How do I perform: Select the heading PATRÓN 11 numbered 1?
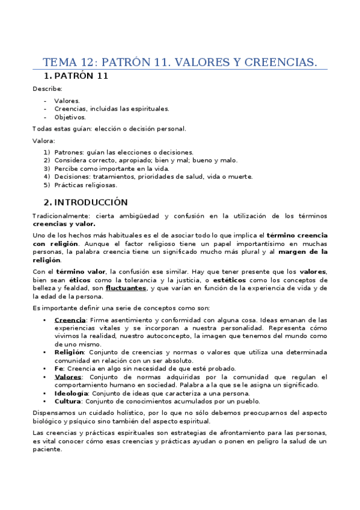click(x=81, y=76)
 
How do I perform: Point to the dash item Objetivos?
click(x=70, y=117)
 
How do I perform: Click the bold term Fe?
click(x=58, y=368)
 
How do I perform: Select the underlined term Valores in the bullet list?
click(x=68, y=376)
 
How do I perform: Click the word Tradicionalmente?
click(x=59, y=216)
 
